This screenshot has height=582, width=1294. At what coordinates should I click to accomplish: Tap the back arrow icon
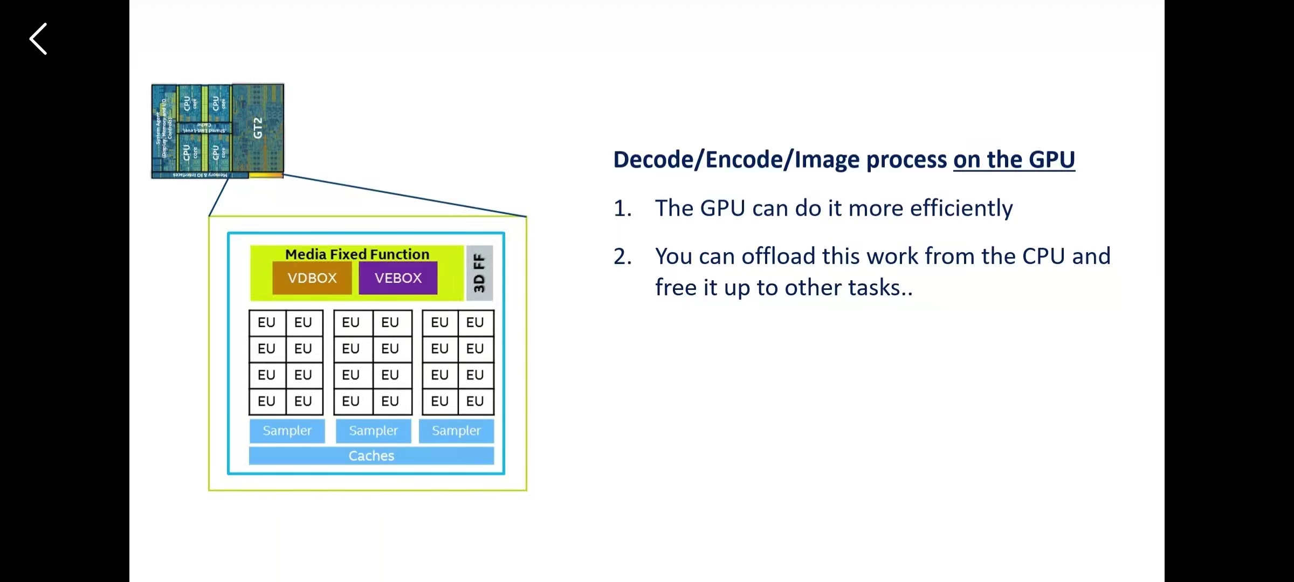[38, 39]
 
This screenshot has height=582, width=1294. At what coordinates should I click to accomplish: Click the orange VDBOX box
[312, 278]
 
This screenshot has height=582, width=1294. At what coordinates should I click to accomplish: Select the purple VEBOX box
[398, 278]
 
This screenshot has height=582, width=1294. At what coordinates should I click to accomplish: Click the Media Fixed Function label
[357, 254]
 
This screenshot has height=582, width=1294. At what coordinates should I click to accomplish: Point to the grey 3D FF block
[479, 273]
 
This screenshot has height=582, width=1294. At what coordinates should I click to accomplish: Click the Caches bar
[371, 456]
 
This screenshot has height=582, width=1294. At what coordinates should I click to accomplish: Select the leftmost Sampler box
[287, 431]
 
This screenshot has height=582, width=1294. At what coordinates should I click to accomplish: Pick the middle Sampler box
[373, 431]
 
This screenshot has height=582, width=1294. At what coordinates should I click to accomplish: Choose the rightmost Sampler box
[456, 431]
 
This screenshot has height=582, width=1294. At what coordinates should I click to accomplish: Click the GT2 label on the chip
[258, 128]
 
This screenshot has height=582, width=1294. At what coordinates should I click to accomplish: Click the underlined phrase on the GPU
[1014, 160]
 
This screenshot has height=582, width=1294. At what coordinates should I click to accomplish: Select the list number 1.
[622, 208]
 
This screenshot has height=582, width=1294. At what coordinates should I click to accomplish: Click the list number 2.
[622, 257]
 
